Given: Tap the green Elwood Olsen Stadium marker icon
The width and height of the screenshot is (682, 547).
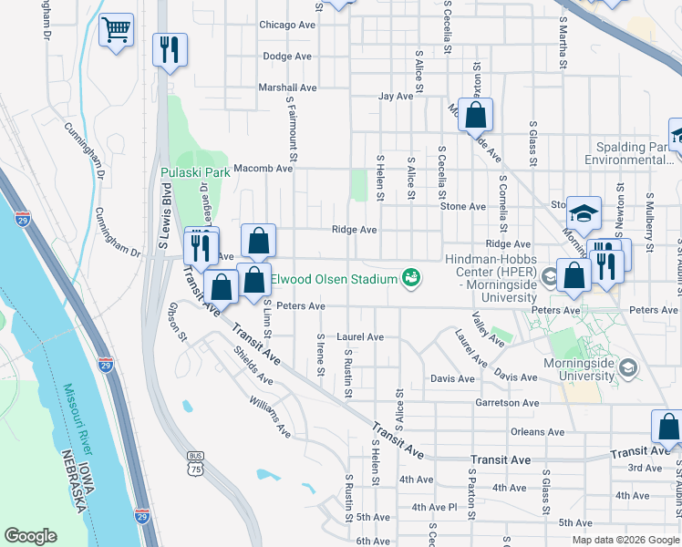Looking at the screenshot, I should click(x=411, y=277).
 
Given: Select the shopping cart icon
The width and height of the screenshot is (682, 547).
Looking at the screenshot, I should click(x=116, y=30).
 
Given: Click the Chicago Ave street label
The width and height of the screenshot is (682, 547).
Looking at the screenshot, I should click(x=287, y=25).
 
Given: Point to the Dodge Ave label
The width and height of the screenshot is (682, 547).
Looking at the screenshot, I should click(x=288, y=56).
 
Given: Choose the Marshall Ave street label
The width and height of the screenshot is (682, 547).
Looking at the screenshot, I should click(x=287, y=88).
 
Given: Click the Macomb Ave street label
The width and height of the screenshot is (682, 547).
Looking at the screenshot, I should click(x=260, y=168).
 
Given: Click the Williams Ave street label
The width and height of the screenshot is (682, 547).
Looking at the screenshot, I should click(x=269, y=416).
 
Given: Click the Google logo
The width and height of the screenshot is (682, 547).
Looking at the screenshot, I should click(x=30, y=537).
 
